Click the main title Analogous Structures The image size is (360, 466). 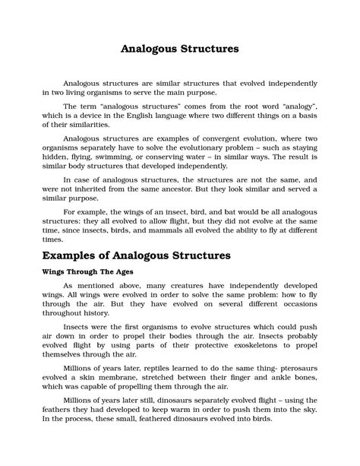[x=180, y=49]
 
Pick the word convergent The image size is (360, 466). [x=223, y=140]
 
